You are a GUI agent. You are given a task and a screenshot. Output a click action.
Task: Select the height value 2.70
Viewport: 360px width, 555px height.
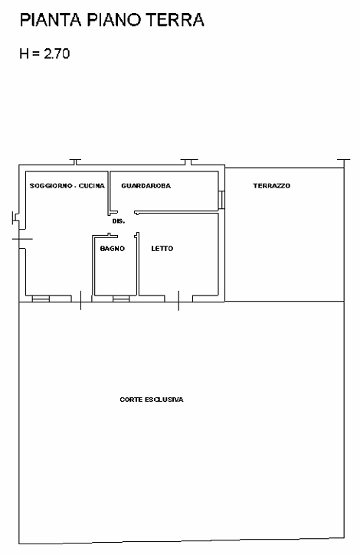coord(57,54)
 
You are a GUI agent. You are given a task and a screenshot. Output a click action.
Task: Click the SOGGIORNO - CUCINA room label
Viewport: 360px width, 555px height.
coord(67,185)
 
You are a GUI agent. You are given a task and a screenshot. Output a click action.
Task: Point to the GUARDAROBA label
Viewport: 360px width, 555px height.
coord(146,185)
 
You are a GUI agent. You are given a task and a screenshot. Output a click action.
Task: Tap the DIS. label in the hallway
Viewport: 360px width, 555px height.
coord(119,221)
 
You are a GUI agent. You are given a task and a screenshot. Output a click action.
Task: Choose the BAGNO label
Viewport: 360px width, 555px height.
coord(113,249)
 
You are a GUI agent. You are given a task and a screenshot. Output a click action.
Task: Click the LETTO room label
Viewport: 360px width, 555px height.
coord(162,249)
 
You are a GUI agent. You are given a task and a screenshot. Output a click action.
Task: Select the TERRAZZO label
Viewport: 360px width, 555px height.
coord(272,185)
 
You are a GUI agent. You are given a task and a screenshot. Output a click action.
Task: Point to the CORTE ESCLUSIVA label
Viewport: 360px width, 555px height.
coord(152,400)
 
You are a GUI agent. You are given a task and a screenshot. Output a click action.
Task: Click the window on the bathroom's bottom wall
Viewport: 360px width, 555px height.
coord(121,299)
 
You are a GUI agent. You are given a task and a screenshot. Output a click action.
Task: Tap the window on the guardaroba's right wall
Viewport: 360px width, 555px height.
coord(221,200)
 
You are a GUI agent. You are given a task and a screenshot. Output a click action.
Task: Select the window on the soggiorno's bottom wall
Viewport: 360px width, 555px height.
coord(41,299)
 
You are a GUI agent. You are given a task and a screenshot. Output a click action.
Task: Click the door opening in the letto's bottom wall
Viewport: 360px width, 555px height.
coord(178,299)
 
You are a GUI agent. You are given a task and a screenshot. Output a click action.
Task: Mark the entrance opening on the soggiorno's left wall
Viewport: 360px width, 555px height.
coord(22,239)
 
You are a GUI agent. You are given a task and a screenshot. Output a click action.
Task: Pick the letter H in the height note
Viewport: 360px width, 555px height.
coord(24,54)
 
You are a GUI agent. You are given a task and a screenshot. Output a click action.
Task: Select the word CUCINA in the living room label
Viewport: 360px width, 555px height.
coord(92,185)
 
